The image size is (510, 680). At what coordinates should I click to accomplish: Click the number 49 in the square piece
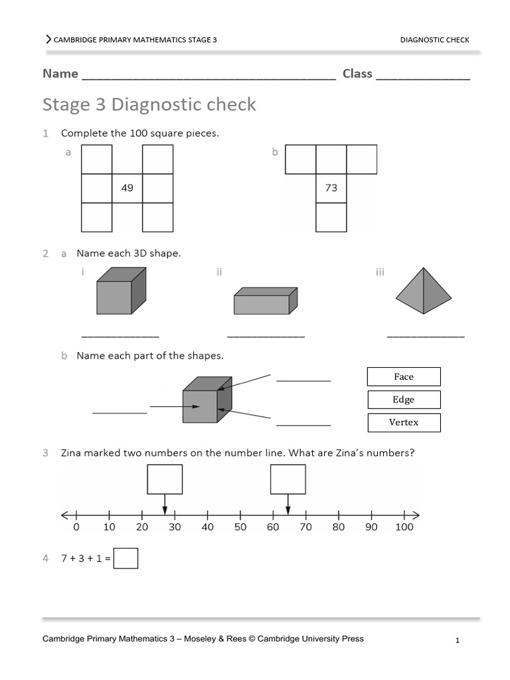click(127, 188)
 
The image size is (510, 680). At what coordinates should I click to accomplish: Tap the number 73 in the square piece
click(331, 188)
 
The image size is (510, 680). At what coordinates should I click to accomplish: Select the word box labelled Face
click(404, 377)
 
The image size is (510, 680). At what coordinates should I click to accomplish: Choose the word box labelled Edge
click(404, 400)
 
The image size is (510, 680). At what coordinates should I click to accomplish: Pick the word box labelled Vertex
click(404, 422)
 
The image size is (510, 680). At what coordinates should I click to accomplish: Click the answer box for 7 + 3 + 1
click(126, 558)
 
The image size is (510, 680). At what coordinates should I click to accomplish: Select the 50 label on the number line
click(240, 527)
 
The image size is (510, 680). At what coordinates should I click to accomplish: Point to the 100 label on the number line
click(404, 527)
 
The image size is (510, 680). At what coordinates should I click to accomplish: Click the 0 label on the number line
click(76, 527)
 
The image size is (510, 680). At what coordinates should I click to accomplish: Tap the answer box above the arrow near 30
click(165, 479)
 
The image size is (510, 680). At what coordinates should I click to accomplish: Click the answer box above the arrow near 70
click(288, 479)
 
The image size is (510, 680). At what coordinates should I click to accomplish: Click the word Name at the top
click(60, 74)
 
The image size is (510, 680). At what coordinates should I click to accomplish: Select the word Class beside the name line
click(357, 74)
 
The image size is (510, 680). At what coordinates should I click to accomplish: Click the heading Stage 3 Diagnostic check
click(149, 105)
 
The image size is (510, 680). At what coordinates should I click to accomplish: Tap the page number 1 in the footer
click(458, 641)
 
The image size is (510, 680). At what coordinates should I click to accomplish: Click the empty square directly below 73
click(331, 217)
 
